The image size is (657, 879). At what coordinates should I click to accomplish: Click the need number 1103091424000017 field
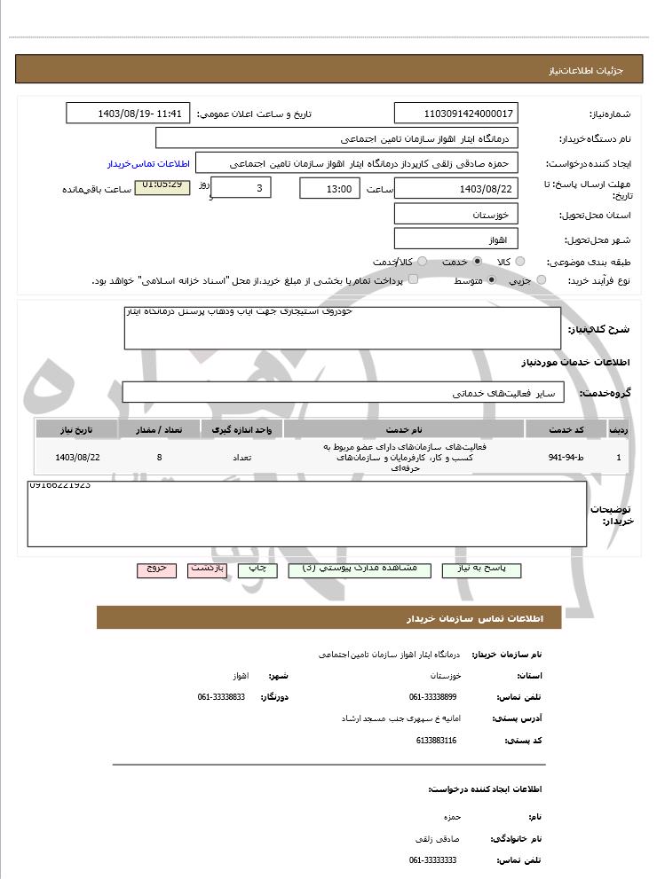coord(455,114)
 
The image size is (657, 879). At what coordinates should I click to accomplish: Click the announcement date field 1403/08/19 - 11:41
coord(128,114)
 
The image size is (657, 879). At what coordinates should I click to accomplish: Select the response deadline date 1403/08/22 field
coord(455,189)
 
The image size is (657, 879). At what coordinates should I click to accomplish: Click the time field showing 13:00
coord(329,189)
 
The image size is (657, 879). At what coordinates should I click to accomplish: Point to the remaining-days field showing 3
coord(241,188)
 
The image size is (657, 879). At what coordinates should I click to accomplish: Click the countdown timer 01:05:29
coord(162,186)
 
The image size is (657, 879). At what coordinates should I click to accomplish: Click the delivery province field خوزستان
coord(455,215)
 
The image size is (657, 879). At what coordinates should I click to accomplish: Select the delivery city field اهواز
coord(455,239)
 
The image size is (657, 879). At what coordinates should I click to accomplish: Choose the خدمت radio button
coord(478,262)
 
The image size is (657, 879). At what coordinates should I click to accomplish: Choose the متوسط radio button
coord(491,280)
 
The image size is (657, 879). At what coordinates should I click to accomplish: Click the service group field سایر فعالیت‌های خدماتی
coord(343,392)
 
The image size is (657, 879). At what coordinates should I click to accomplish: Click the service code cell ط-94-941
coord(566,458)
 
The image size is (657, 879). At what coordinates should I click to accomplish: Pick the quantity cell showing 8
coord(159,458)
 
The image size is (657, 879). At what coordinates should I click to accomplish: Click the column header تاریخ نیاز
coord(76,429)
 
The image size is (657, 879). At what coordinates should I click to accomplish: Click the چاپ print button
coord(257,569)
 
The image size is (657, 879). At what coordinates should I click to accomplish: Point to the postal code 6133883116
coord(436,740)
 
